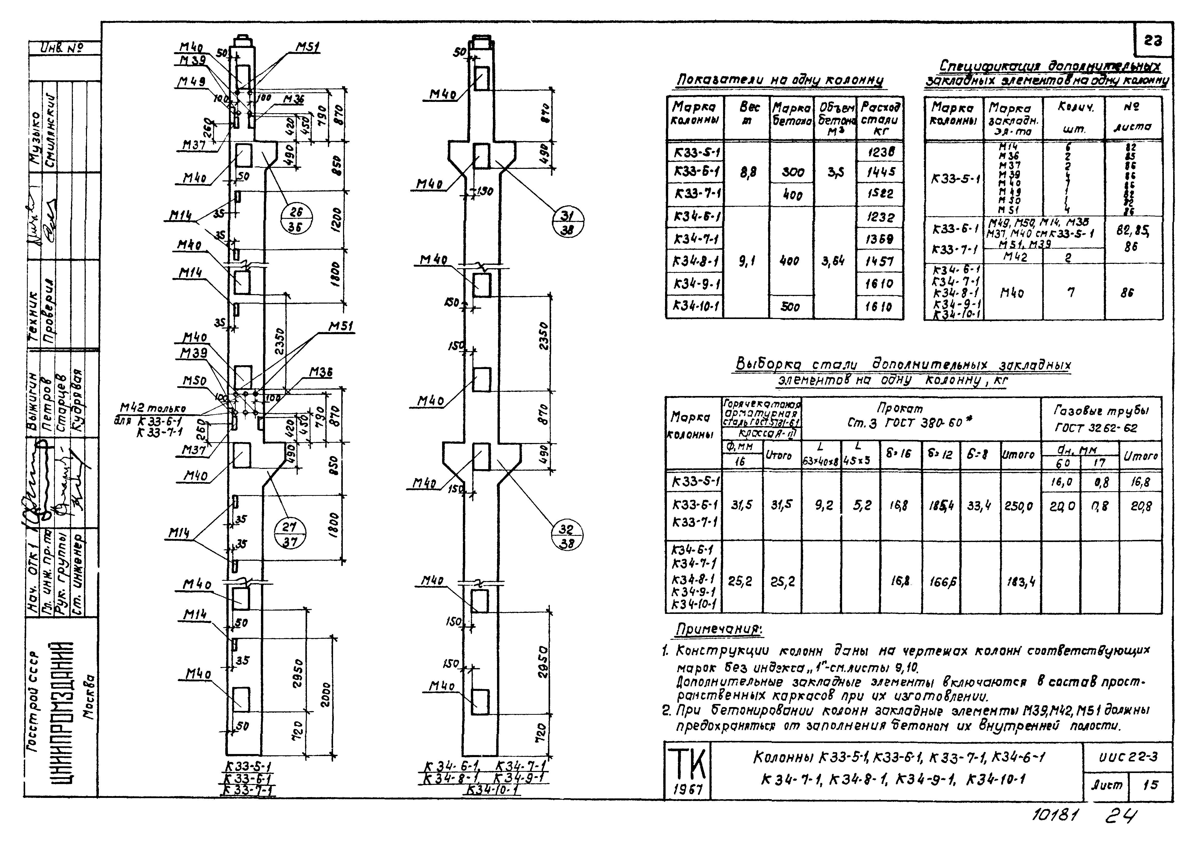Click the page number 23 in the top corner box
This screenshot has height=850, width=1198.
[x=1153, y=40]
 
